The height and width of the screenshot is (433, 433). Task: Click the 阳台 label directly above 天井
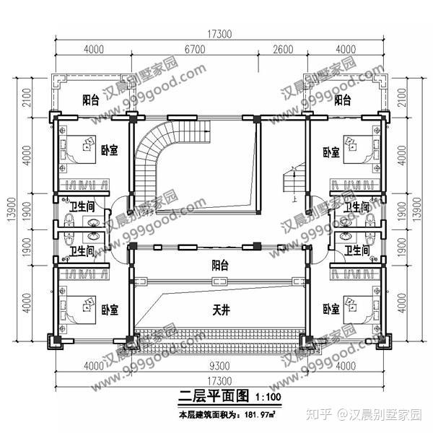coord(220,266)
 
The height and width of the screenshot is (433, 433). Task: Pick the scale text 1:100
coord(267,397)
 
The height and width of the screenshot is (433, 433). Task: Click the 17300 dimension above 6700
coord(219,33)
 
